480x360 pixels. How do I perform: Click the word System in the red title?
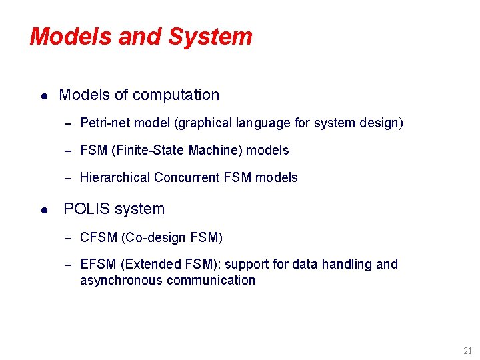coord(210,37)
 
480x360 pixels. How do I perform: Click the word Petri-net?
coord(105,123)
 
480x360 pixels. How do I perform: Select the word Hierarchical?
coord(115,178)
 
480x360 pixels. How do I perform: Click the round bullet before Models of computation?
coord(43,96)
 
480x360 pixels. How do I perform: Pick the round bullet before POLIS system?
coord(43,210)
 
